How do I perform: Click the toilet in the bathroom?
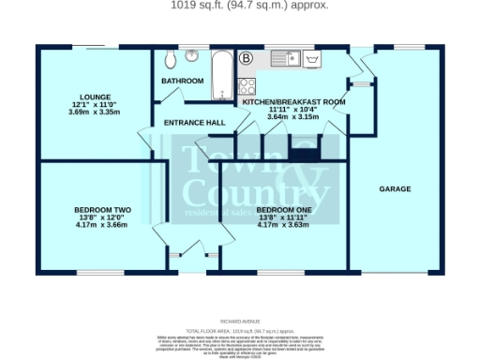[169, 60]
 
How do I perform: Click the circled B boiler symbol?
[247, 58]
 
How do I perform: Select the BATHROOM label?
[182, 82]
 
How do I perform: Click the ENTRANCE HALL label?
[195, 123]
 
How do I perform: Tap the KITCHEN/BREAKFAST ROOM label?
[294, 100]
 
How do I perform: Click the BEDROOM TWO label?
[102, 210]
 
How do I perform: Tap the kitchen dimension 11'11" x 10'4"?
[294, 109]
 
